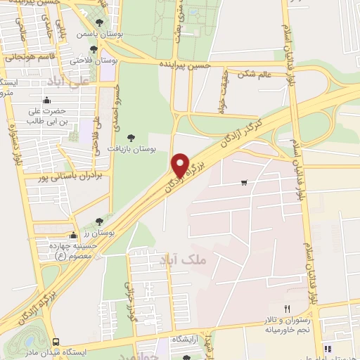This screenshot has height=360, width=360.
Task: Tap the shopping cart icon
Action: [244, 183]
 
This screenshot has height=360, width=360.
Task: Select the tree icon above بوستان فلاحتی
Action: [94, 49]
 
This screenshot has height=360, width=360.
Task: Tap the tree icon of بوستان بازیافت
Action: [129, 138]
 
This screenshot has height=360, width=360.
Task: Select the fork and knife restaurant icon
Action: [286, 309]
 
